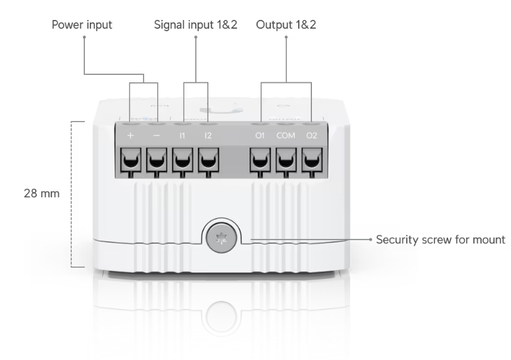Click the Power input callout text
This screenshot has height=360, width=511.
[82, 26]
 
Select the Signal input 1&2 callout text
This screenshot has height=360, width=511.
[195, 26]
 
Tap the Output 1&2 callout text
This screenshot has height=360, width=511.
[286, 26]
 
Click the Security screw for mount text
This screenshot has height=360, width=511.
[440, 240]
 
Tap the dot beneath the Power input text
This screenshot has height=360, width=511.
[83, 37]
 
